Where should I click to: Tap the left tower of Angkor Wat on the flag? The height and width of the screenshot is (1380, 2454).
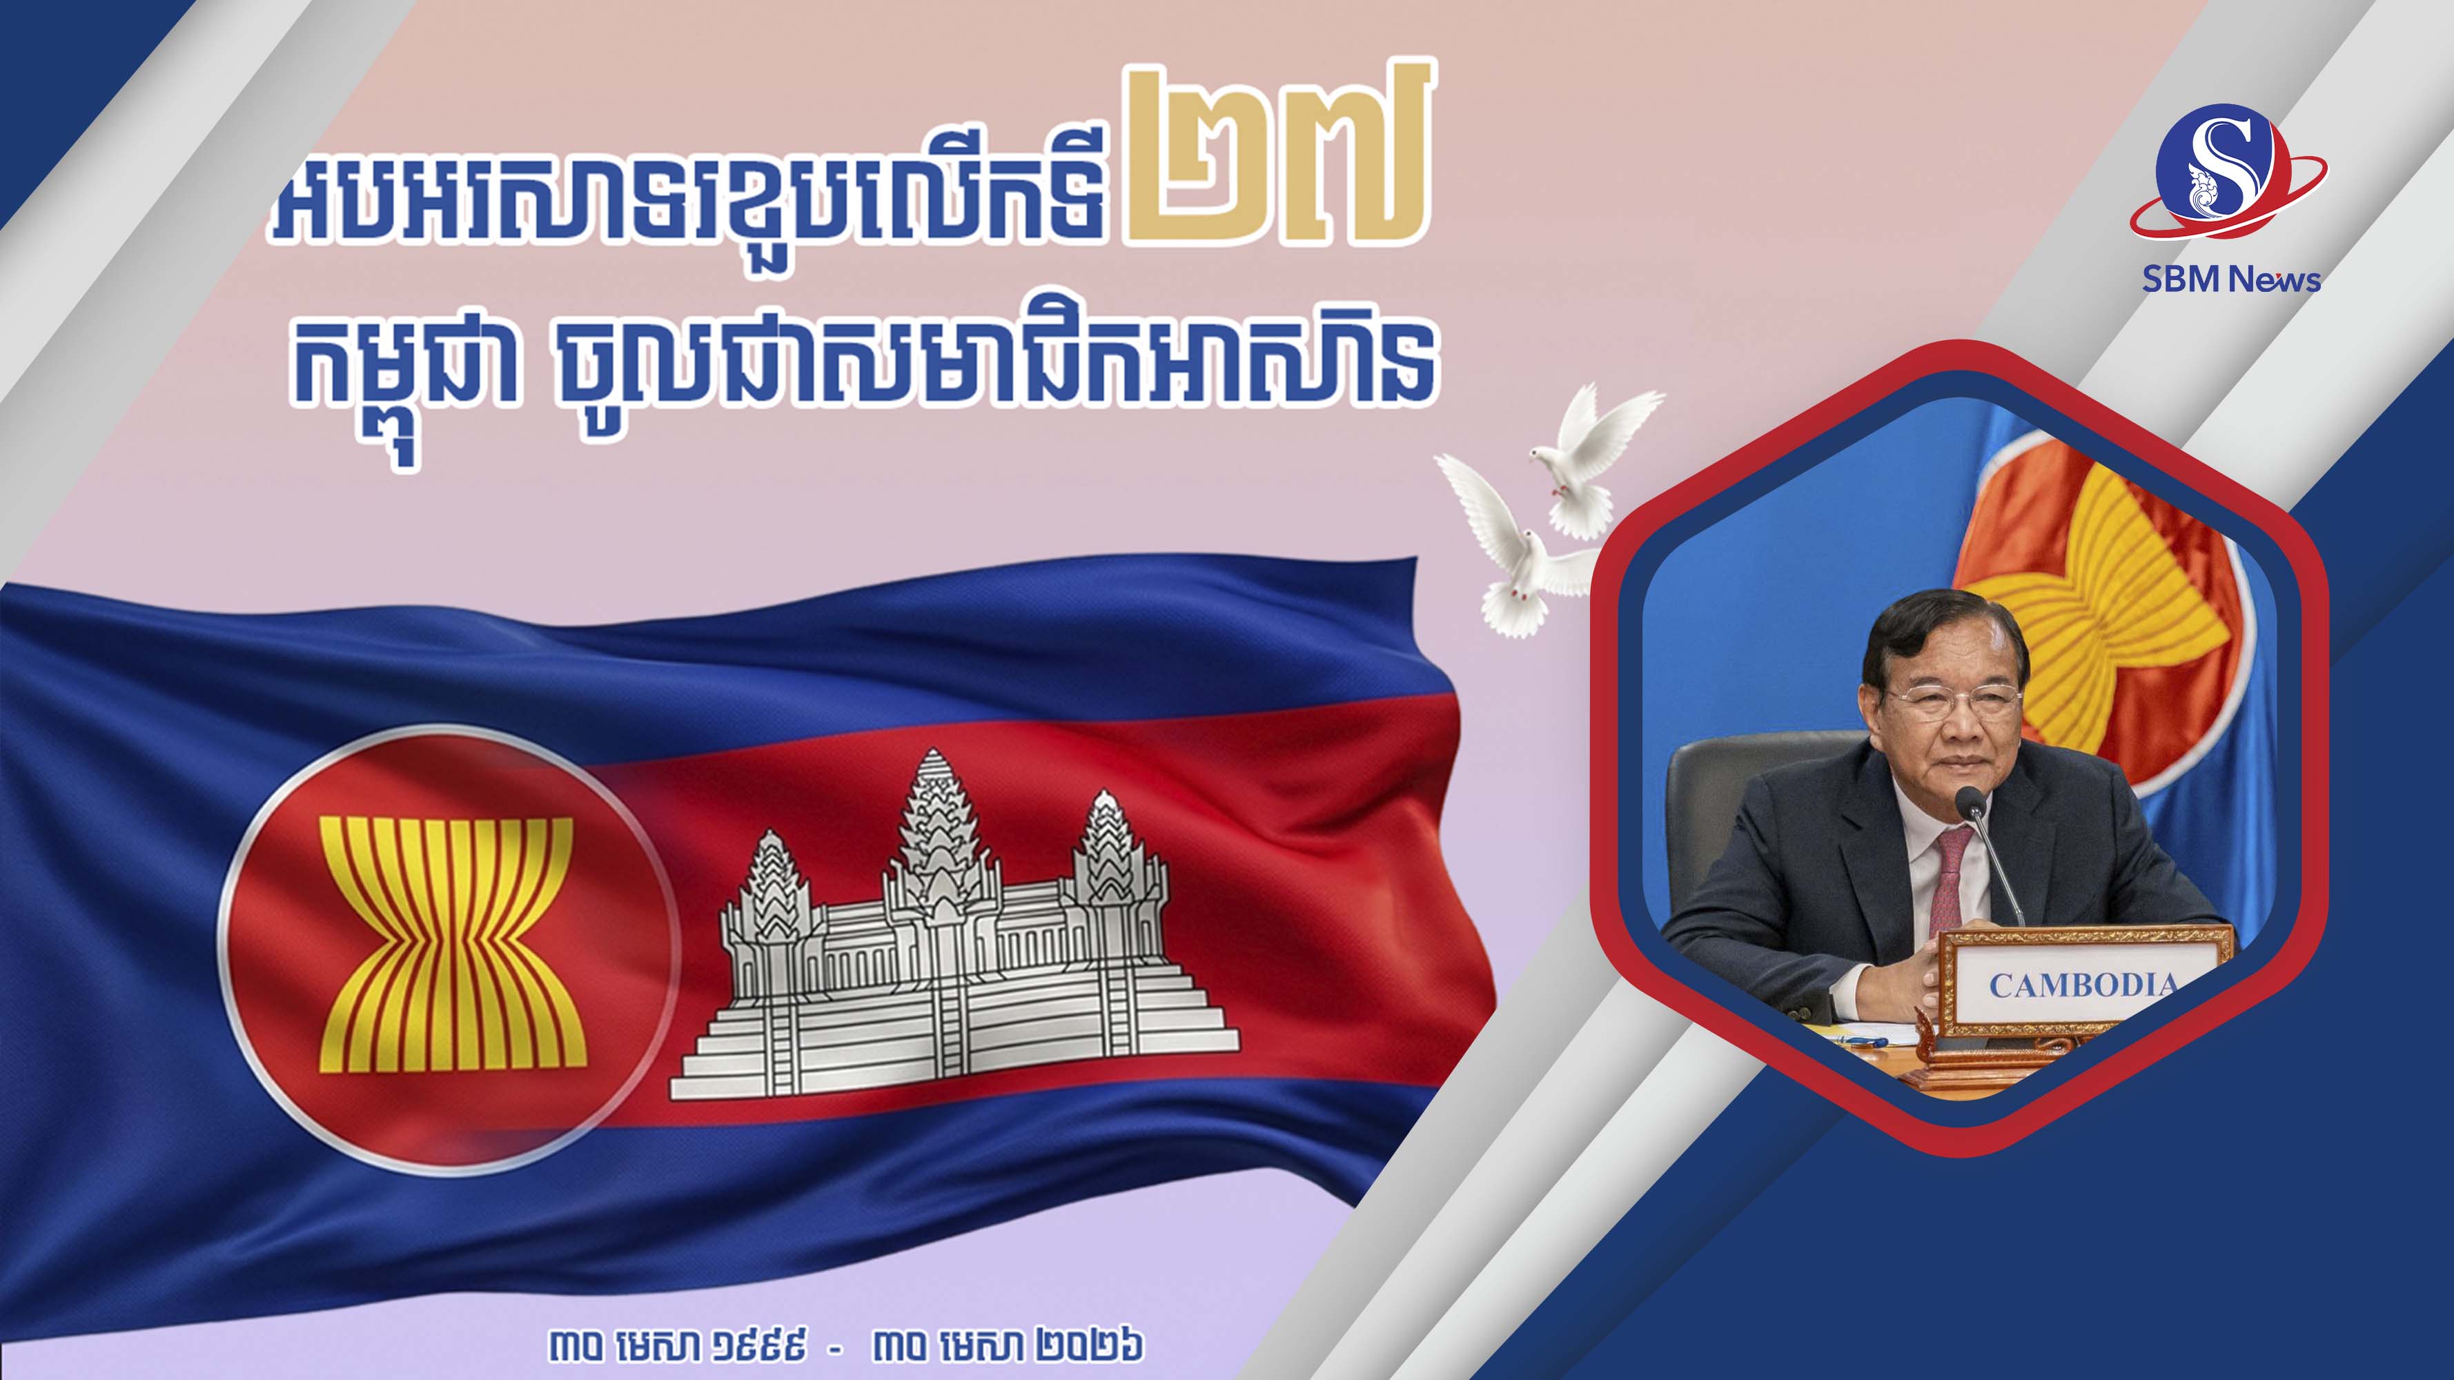coord(771,887)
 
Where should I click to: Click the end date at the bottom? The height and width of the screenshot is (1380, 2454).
coord(1007,1345)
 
